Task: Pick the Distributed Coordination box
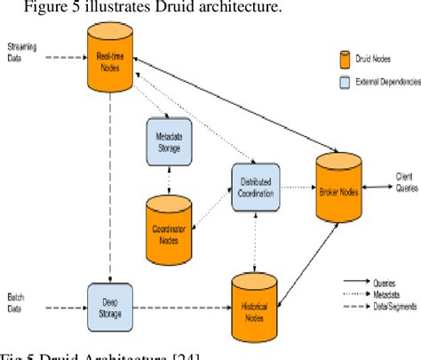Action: [256, 187]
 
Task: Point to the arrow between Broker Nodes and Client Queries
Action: [377, 188]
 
